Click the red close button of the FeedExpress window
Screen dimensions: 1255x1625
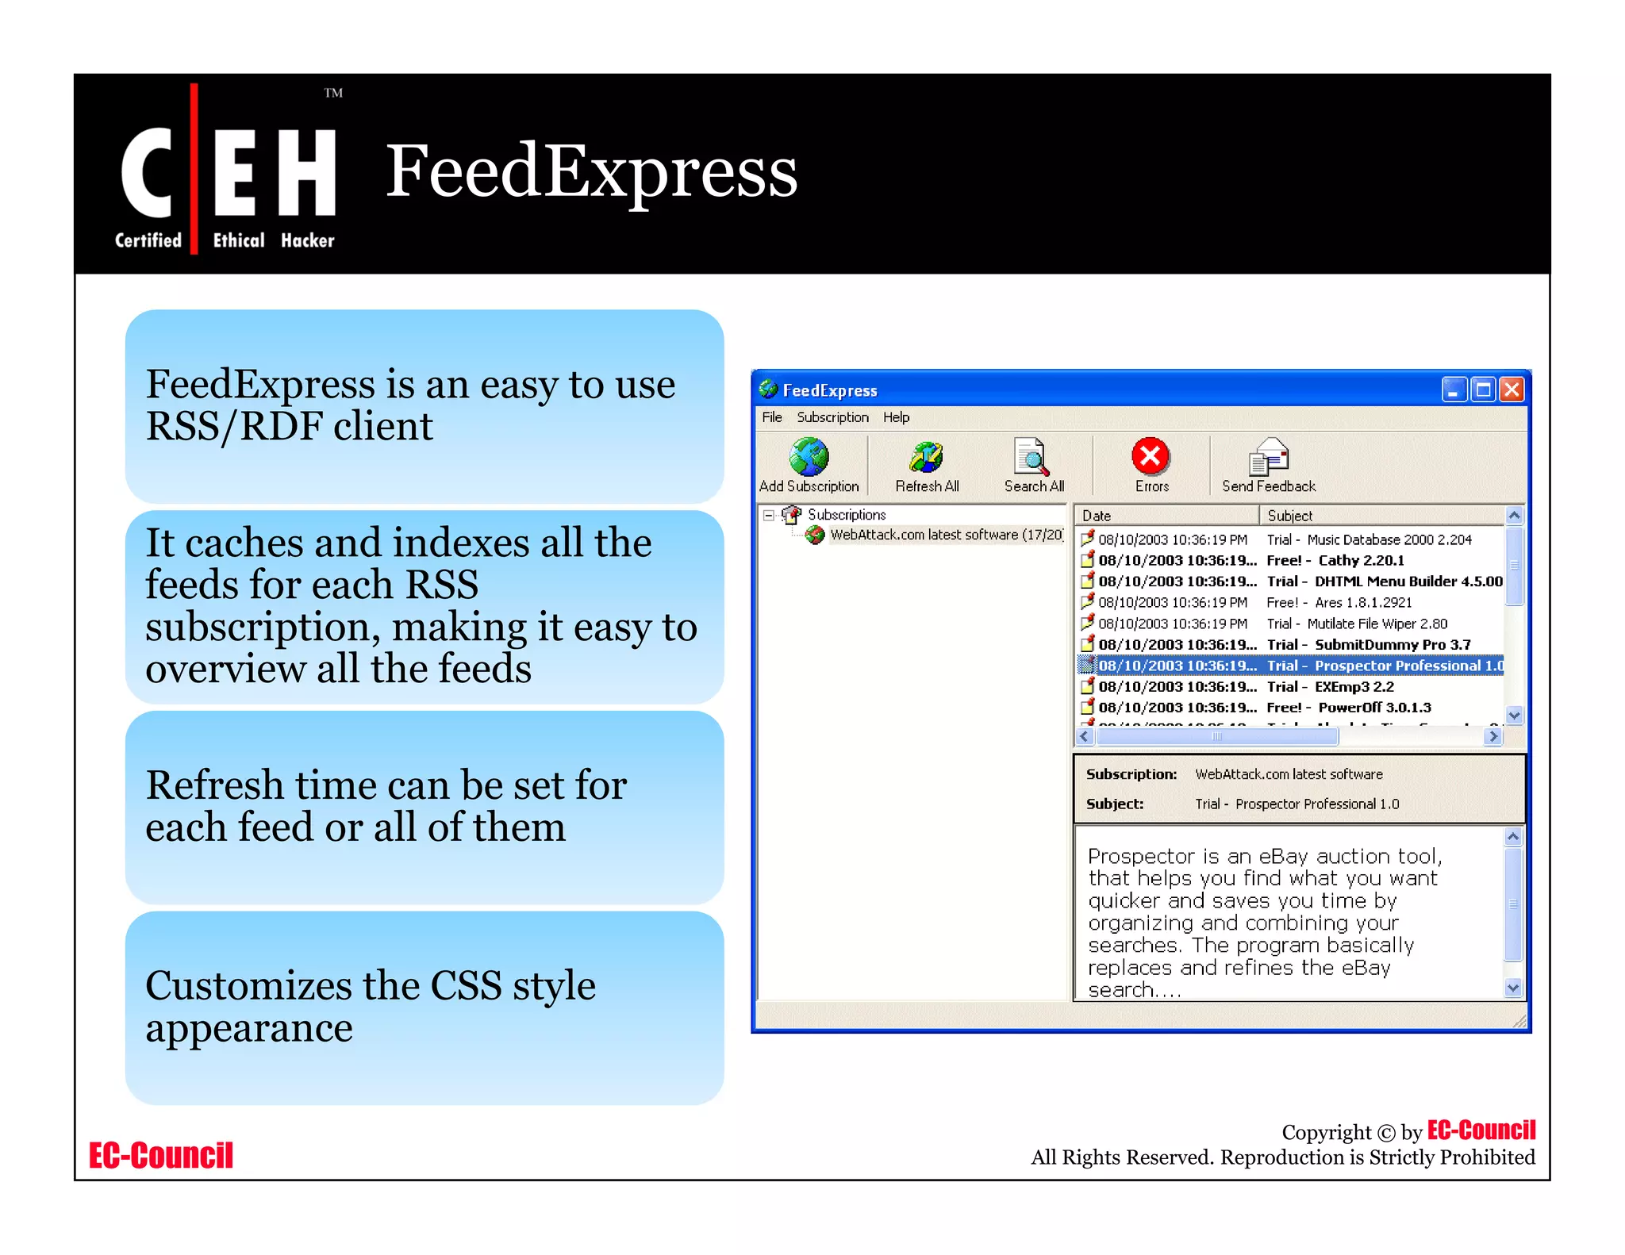1512,390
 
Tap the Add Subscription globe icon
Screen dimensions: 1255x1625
809,457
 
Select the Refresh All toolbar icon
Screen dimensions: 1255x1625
926,457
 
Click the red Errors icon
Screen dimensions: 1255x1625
1151,456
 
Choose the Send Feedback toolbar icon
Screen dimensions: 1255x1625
1268,457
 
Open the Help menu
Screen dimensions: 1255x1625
896,417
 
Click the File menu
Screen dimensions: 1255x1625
771,417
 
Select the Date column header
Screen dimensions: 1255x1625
1166,516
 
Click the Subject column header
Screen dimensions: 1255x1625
1381,516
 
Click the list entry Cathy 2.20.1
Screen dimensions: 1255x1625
1361,561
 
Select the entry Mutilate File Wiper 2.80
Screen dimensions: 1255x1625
1377,624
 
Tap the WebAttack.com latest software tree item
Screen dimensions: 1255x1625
944,535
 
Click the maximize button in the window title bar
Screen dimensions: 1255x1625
1482,390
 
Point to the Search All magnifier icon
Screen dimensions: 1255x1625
1031,457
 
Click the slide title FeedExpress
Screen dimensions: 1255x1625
591,171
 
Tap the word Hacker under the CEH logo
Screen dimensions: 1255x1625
307,240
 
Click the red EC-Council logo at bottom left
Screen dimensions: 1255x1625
161,1156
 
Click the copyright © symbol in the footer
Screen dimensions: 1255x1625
1385,1133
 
